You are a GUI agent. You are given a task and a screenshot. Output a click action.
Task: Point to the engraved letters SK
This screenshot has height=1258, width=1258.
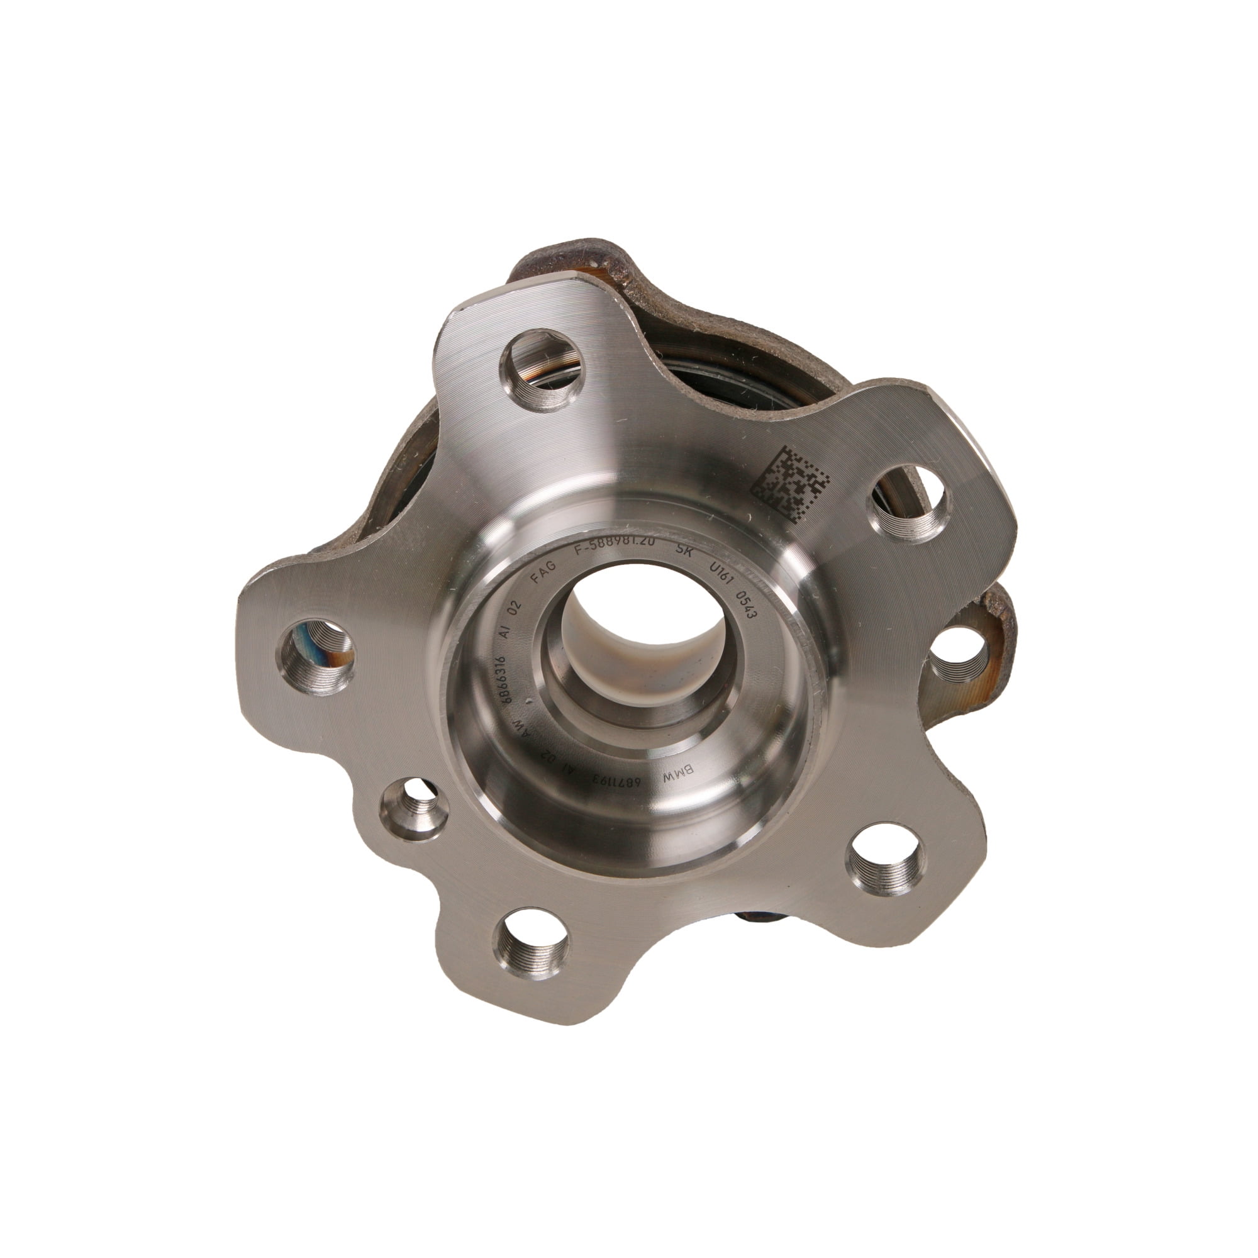pyautogui.click(x=684, y=551)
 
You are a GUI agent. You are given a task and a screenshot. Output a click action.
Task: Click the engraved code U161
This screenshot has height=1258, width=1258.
pyautogui.click(x=721, y=574)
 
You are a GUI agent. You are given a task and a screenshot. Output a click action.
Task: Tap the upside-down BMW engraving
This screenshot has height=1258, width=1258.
pyautogui.click(x=678, y=775)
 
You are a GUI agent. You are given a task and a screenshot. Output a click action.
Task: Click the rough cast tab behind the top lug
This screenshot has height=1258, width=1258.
pyautogui.click(x=573, y=257)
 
